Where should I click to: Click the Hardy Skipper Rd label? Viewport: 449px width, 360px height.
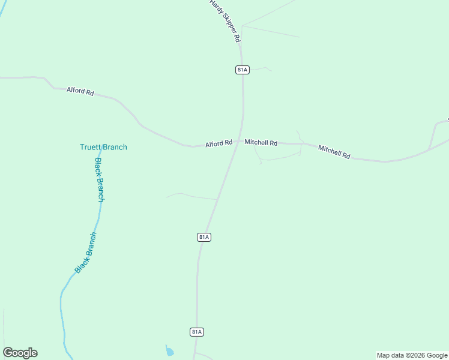(224, 20)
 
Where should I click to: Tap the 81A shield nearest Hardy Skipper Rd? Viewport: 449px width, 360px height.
(242, 70)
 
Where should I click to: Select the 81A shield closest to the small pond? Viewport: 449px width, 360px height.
(197, 332)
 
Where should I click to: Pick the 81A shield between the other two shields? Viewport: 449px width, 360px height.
(204, 237)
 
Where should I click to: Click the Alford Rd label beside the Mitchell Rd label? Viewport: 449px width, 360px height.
(218, 144)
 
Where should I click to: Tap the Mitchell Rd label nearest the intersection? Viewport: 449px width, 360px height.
(261, 143)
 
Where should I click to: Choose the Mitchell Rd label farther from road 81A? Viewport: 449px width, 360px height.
(334, 151)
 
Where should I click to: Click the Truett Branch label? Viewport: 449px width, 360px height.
(103, 147)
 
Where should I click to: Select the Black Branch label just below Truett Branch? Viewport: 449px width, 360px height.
(100, 180)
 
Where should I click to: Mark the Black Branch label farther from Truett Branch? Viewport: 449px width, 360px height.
(85, 253)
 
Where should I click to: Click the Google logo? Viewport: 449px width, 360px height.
(20, 353)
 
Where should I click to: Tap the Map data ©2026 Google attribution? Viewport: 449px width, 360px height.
(412, 355)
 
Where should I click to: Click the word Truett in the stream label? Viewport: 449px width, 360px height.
(91, 147)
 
